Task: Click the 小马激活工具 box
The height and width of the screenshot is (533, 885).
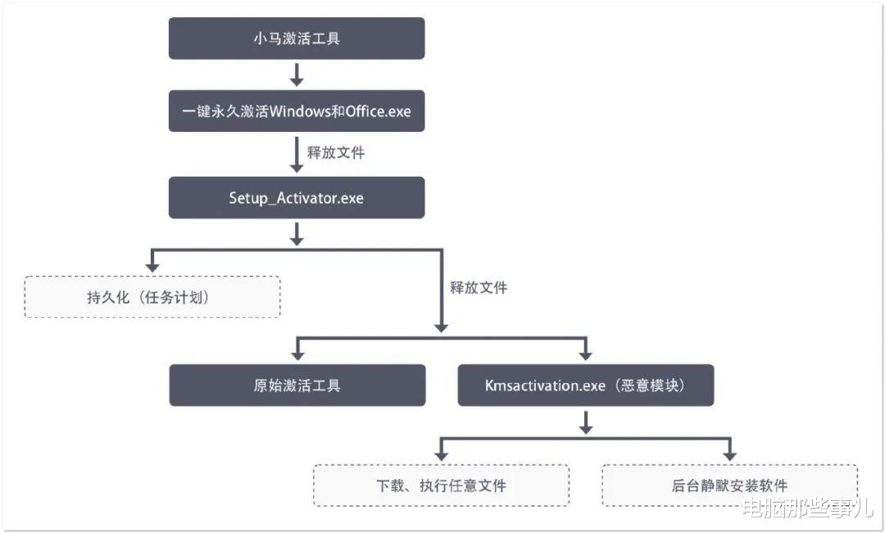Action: coord(297,38)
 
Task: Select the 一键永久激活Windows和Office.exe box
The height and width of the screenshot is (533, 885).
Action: coord(297,111)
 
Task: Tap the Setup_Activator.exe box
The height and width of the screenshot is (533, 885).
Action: coord(297,197)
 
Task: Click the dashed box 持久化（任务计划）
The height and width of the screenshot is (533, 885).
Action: coord(152,296)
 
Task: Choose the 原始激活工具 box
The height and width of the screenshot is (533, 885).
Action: coord(297,385)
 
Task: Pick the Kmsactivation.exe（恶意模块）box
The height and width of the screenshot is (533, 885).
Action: coord(585,385)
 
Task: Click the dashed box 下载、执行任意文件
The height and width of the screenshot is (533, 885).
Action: coord(441,486)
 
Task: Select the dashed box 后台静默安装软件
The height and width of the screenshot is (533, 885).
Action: coord(729,486)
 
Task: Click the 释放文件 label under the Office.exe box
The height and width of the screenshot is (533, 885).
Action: coord(336,153)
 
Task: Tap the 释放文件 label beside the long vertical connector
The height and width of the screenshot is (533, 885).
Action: coord(479,287)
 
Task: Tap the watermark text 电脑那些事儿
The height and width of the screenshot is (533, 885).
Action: coord(807,509)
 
